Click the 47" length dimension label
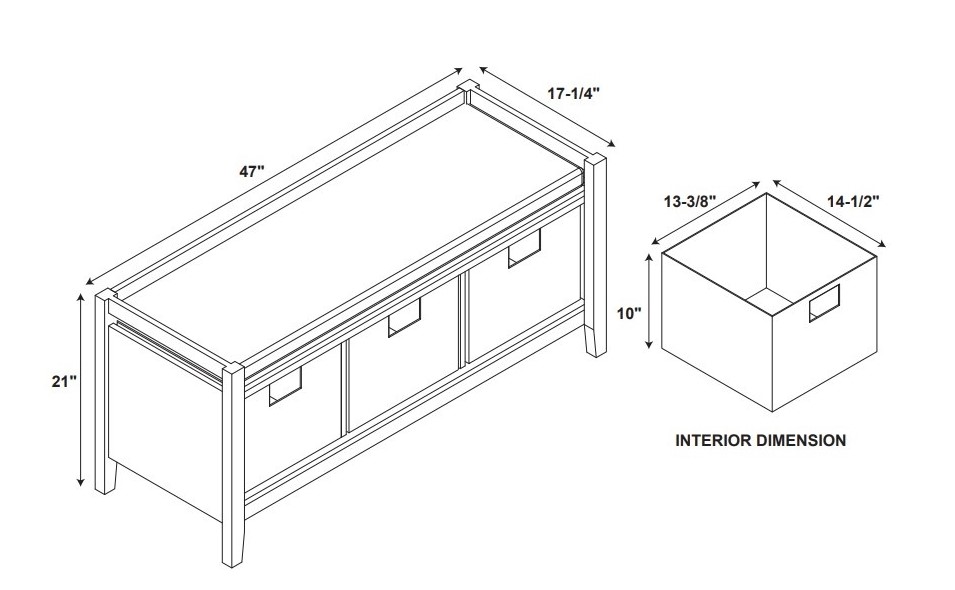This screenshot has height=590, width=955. coord(252,172)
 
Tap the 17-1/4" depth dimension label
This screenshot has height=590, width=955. coord(574,94)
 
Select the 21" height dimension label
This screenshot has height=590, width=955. coord(65,382)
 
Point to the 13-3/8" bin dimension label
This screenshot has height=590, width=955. coord(689,202)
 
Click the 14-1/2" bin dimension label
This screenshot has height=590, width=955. coord(853,202)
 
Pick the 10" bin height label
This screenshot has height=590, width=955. coord(630,314)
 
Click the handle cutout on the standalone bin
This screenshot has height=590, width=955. coord(824,303)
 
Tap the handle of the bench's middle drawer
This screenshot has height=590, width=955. coord(404,317)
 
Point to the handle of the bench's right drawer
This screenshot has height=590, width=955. coord(524,248)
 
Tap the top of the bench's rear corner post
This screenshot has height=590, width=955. coord(467,85)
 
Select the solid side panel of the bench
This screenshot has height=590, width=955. coord(164,420)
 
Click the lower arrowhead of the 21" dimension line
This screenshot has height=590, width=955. coord(80,483)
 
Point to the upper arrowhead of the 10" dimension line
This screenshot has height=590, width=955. coord(651,259)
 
